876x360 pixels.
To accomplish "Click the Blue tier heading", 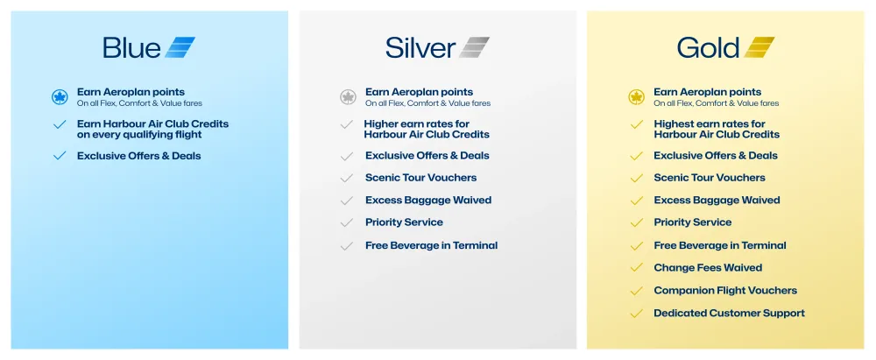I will [131, 47].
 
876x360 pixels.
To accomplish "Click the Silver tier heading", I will [420, 47].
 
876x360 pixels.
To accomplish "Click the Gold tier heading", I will [708, 47].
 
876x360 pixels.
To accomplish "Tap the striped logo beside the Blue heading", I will [180, 47].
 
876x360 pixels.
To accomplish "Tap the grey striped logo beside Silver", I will [474, 47].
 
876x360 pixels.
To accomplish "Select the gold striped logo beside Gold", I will [759, 47].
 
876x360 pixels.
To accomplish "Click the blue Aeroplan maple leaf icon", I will [60, 96].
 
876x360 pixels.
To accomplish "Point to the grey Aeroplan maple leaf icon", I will [348, 96].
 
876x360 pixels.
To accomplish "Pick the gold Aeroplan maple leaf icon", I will [637, 96].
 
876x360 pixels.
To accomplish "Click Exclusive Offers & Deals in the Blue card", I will [138, 156].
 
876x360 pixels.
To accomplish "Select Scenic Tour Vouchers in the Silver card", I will [420, 178].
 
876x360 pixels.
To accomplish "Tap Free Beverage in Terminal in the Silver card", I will [431, 245].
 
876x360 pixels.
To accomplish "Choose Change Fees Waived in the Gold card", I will [708, 268].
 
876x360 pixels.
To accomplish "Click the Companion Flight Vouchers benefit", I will [725, 291].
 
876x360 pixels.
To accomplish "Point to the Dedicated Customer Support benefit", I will [729, 314].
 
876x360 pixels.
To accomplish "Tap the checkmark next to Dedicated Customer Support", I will [637, 314].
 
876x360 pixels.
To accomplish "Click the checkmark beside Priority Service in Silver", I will [347, 222].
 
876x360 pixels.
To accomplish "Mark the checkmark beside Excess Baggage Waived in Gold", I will [637, 201].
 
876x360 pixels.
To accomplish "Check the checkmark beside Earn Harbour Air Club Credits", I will [60, 125].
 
